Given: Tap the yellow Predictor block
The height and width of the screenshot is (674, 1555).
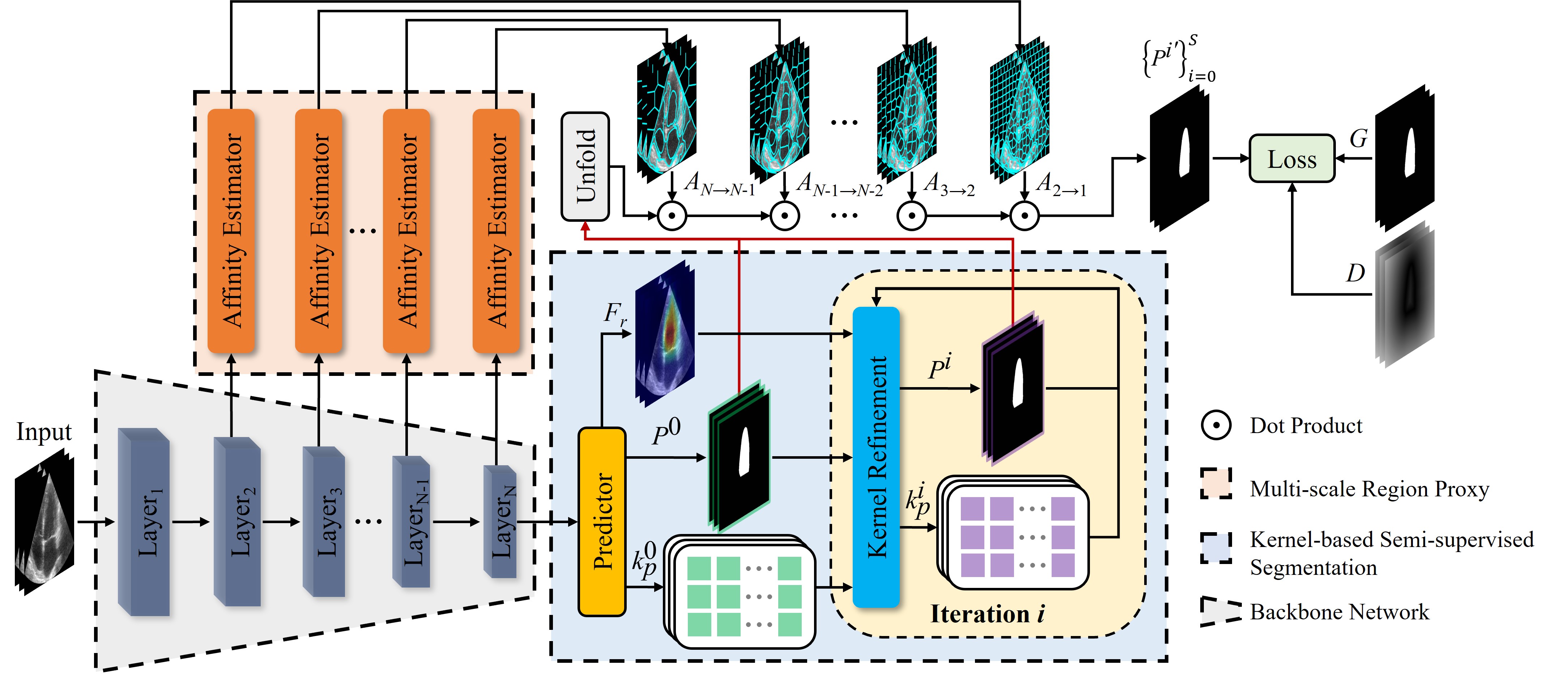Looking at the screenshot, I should point(602,522).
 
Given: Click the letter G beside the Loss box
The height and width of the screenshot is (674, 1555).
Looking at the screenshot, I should point(1358,139).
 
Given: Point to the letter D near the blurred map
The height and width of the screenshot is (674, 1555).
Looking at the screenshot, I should point(1355,274).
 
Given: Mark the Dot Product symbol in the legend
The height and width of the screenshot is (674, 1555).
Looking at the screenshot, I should point(1216,426).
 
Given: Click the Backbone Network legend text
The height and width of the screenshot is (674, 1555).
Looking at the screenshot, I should point(1339,612).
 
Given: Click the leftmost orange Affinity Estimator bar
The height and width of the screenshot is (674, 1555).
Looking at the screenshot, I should point(231,231).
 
